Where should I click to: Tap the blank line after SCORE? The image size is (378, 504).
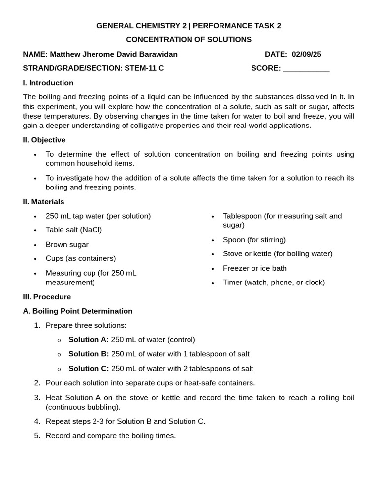[x=306, y=69]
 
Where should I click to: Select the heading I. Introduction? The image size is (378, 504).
[x=48, y=83]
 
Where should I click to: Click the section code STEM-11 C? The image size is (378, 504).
[x=144, y=68]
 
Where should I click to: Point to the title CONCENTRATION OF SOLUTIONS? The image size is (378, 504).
[x=189, y=39]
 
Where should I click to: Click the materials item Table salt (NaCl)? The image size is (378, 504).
[x=74, y=230]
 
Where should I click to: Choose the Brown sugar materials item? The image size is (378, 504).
[x=67, y=245]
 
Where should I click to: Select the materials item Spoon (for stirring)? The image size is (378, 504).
[x=254, y=240]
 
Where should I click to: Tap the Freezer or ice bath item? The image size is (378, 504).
[x=254, y=268]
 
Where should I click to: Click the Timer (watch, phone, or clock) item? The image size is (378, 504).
[x=274, y=283]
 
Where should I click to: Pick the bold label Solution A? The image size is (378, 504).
[x=89, y=340]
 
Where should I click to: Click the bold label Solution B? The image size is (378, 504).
[x=89, y=354]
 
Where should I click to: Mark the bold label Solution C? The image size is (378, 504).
[x=89, y=368]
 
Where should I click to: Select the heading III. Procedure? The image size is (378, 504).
[x=47, y=297]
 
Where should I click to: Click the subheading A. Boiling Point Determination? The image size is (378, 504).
[x=78, y=311]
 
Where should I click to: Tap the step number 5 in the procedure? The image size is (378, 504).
[x=37, y=436]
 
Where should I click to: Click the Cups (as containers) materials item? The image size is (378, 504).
[x=81, y=258]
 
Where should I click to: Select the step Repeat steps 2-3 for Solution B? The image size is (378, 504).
[x=126, y=421]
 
